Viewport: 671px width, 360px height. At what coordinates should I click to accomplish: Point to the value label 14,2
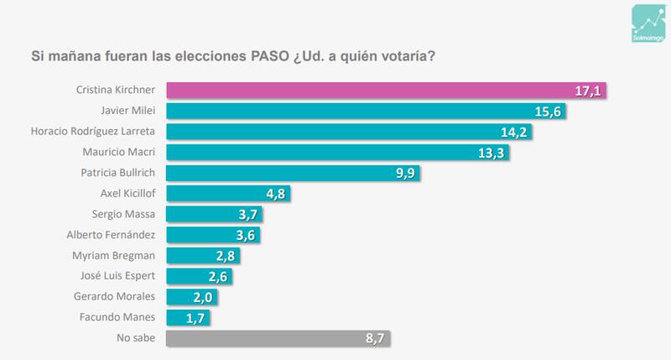coord(516,132)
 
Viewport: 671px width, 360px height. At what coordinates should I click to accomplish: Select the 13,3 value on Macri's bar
coord(492,153)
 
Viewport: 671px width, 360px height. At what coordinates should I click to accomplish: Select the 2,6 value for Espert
coord(216,277)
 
